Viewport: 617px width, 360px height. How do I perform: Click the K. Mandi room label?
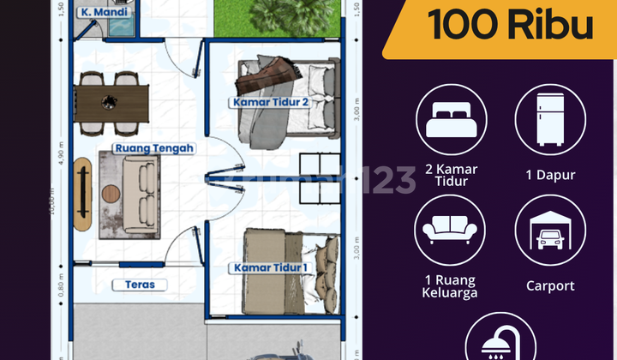[99, 13]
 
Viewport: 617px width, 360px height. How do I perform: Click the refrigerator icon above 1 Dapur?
[549, 121]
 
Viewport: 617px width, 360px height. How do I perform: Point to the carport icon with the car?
[549, 230]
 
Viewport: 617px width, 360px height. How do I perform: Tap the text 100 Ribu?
[511, 25]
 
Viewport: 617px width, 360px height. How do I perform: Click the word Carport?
[550, 285]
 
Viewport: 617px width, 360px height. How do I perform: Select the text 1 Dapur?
[550, 175]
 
